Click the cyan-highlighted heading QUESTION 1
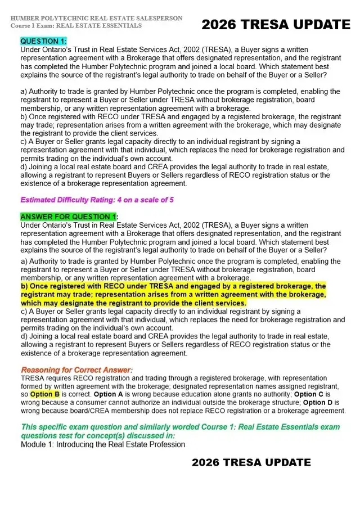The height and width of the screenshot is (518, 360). pos(43,41)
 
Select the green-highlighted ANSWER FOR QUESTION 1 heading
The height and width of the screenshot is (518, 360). pos(68,217)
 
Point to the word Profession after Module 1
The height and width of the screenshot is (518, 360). pos(164,444)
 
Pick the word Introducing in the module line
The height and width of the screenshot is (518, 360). pos(80,444)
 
